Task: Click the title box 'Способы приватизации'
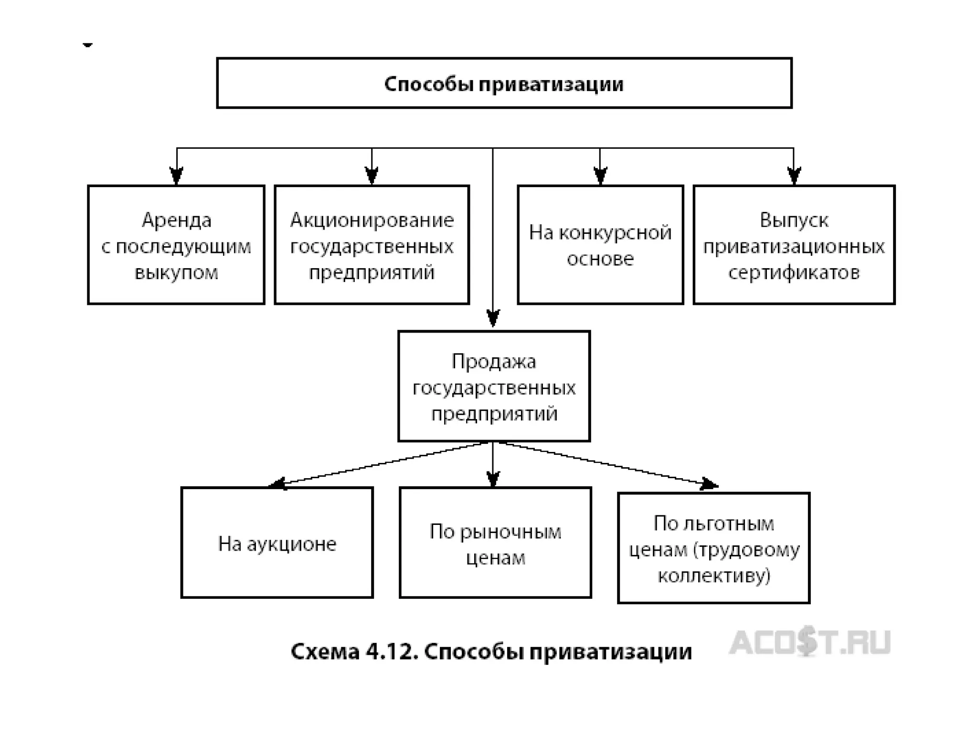coord(504,84)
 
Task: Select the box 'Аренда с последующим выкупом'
coord(176,245)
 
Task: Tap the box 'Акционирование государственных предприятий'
coord(372,245)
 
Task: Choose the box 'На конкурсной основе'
coord(600,245)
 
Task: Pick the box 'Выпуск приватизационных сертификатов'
coord(794,245)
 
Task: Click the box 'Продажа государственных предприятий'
coord(494,386)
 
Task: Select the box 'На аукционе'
coord(277,543)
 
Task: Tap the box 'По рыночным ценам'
coord(495,543)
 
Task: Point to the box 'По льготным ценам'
coord(713,548)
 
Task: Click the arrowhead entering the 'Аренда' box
coord(177,176)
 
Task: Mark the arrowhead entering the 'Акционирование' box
coord(372,176)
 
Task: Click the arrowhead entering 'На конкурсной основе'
coord(600,176)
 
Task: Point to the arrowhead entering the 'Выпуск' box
coord(794,176)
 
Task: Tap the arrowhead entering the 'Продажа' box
coord(493,318)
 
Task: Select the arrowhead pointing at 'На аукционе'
coord(277,483)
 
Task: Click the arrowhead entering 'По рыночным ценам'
coord(493,479)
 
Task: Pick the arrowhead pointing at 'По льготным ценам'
coord(709,484)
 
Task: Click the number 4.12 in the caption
coord(392,651)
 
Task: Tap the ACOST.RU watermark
coord(809,642)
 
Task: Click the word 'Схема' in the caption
coord(325,651)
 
